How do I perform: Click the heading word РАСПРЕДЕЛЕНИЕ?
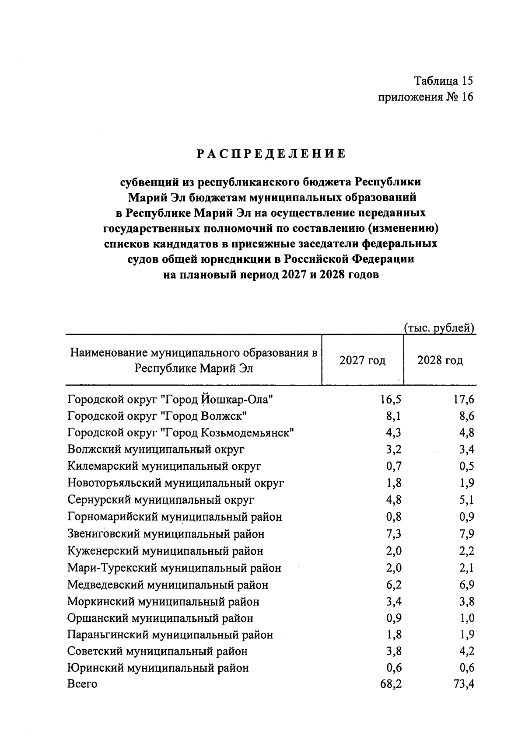pyautogui.click(x=271, y=154)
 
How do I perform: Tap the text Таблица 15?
pyautogui.click(x=444, y=81)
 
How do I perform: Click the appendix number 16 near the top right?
pyautogui.click(x=467, y=97)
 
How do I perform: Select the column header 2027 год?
pyautogui.click(x=363, y=361)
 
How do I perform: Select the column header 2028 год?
pyautogui.click(x=440, y=361)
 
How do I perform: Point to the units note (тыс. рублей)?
pyautogui.click(x=439, y=328)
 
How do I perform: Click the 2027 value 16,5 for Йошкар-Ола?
pyautogui.click(x=391, y=400)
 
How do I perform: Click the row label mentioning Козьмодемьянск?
pyautogui.click(x=181, y=433)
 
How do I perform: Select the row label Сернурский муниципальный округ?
pyautogui.click(x=161, y=500)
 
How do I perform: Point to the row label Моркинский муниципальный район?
pyautogui.click(x=163, y=602)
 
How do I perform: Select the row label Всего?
pyautogui.click(x=82, y=684)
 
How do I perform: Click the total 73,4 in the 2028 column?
pyautogui.click(x=464, y=684)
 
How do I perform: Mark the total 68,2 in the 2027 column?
pyautogui.click(x=391, y=684)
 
